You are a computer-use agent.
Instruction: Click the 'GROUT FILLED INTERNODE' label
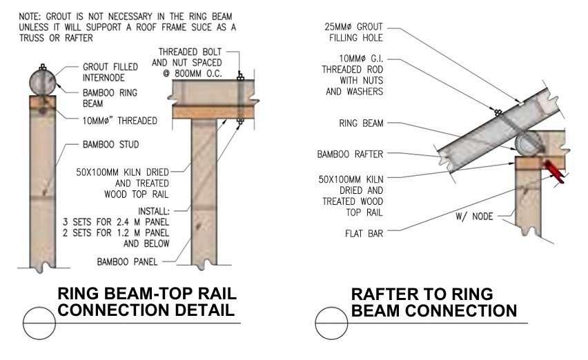[x=109, y=73]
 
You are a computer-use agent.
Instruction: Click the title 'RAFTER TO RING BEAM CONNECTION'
[x=434, y=302]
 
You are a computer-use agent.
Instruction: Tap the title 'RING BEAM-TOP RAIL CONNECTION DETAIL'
[x=146, y=302]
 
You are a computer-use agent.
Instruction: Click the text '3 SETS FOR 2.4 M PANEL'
[x=130, y=223]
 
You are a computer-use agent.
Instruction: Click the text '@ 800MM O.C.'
[x=190, y=73]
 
